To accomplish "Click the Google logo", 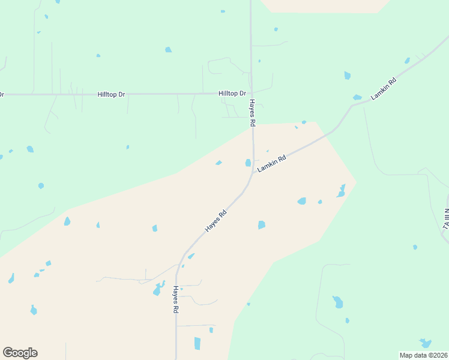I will coord(20,353).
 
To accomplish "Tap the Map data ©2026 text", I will coord(423,355).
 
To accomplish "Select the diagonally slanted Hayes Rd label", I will coord(215,221).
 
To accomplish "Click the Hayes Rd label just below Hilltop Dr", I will coord(253,113).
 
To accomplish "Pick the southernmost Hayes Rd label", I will coord(176,299).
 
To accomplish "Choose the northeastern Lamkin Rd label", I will coord(384,89).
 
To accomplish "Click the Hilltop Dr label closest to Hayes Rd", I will coord(232,94).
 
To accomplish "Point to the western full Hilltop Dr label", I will coord(112,94).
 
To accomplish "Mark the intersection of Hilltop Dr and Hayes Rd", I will coord(252,94).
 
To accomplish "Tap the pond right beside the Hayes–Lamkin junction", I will coord(247,163).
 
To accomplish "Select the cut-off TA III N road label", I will coord(446,218).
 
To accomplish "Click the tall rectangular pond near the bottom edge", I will coord(197,343).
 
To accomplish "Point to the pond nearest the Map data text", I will coord(426,343).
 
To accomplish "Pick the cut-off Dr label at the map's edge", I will coord(2,94).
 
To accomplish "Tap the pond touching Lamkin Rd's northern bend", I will coord(357,98).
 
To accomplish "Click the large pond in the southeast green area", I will coord(338,301).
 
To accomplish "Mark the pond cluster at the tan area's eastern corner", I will coord(342,191).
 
